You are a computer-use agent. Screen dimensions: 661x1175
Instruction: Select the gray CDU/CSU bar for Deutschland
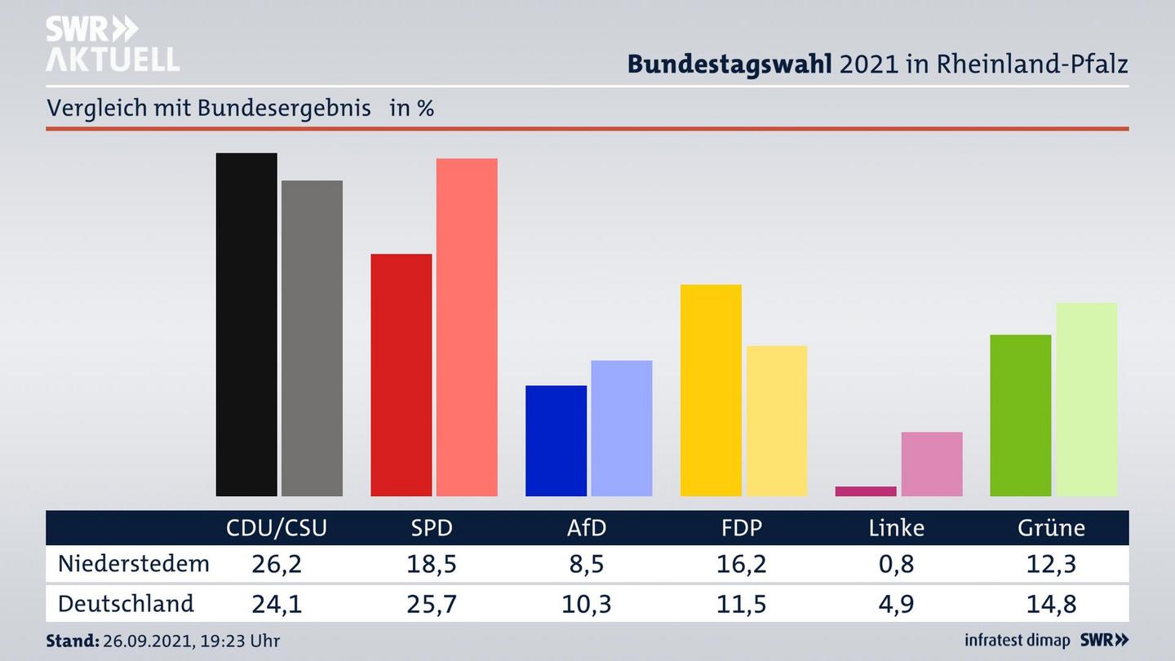312,338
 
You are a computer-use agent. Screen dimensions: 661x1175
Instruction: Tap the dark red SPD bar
401,375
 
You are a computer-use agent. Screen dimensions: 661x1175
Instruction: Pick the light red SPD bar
467,326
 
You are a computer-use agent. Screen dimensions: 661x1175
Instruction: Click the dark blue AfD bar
556,441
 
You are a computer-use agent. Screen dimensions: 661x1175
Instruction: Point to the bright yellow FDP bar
711,390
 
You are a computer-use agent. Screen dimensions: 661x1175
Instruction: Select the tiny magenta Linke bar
866,491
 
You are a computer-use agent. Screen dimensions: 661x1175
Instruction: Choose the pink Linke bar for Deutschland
932,464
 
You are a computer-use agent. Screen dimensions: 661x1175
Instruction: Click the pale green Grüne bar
1086,399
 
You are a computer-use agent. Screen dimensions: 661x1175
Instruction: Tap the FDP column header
741,528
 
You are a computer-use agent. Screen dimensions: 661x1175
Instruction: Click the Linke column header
896,528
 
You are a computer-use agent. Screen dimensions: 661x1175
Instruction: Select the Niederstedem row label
134,563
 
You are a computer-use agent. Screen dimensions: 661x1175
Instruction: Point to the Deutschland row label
126,604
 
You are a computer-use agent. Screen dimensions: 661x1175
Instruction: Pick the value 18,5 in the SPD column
431,563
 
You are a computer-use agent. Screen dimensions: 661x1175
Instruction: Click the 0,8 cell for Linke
896,563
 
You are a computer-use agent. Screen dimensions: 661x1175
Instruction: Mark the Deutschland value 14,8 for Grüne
1051,604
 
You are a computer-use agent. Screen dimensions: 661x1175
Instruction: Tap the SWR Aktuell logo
112,44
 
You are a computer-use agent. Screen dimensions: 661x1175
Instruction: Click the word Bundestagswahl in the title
729,64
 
